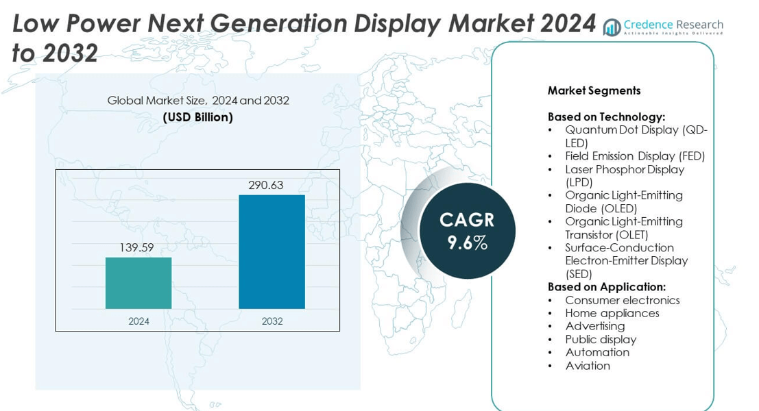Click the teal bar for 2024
coord(138,283)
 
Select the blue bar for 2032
coord(272,251)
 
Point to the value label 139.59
coord(136,248)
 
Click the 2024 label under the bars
coord(138,321)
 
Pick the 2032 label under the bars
coord(272,321)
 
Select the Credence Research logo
coord(663,27)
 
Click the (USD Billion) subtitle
coord(198,117)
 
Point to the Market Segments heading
coord(594,90)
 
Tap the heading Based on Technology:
coord(606,117)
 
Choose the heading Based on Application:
coord(607,287)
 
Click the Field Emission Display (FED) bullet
coord(635,156)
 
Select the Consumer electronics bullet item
coord(622,300)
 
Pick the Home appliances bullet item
coord(612,313)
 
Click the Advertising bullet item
coord(594,326)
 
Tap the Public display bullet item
coord(601,339)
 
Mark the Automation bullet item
coord(597,352)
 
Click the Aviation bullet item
coord(588,365)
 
